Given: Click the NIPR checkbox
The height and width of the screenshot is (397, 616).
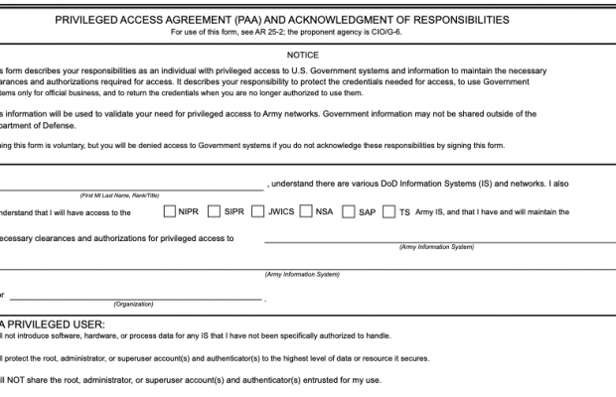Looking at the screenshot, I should pos(170,211).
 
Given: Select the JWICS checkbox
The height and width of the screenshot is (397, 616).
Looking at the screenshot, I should pos(257,211).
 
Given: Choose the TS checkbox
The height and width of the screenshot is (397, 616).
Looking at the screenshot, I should pos(389,211).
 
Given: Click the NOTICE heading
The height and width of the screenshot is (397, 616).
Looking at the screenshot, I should pos(303,56).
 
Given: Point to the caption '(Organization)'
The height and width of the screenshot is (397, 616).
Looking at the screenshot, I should pos(133,304).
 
